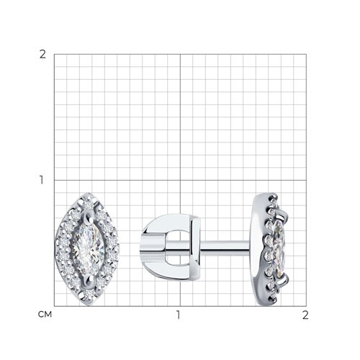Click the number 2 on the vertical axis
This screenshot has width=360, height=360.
[x=42, y=55]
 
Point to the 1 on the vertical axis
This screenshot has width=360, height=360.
[x=42, y=180]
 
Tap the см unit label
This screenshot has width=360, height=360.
[x=45, y=315]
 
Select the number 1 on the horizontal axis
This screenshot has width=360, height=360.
[x=178, y=315]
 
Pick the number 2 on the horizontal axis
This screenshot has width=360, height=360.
[x=305, y=315]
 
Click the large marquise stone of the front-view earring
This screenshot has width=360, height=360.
[x=89, y=249]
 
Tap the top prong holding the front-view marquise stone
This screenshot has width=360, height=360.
[x=89, y=217]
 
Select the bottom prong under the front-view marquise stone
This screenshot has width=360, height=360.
[x=89, y=280]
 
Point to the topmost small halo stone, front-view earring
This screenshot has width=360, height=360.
[x=89, y=204]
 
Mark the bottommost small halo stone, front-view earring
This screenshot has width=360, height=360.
[x=89, y=293]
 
